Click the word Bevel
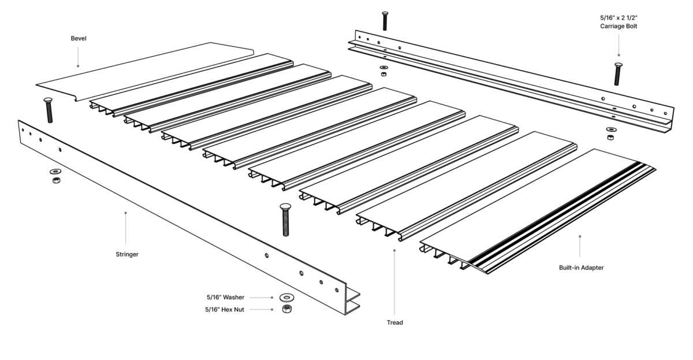coord(79,39)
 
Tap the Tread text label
coord(394,322)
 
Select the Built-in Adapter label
coord(581,268)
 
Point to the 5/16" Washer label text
coord(225,297)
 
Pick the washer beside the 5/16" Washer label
coord(285,298)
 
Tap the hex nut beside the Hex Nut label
coord(285,310)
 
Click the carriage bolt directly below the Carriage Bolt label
coord(618,73)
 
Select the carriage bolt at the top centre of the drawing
coord(385,20)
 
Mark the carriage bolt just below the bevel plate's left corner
coord(49,110)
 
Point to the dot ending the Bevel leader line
coord(78,66)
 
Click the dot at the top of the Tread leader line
coord(394,251)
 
